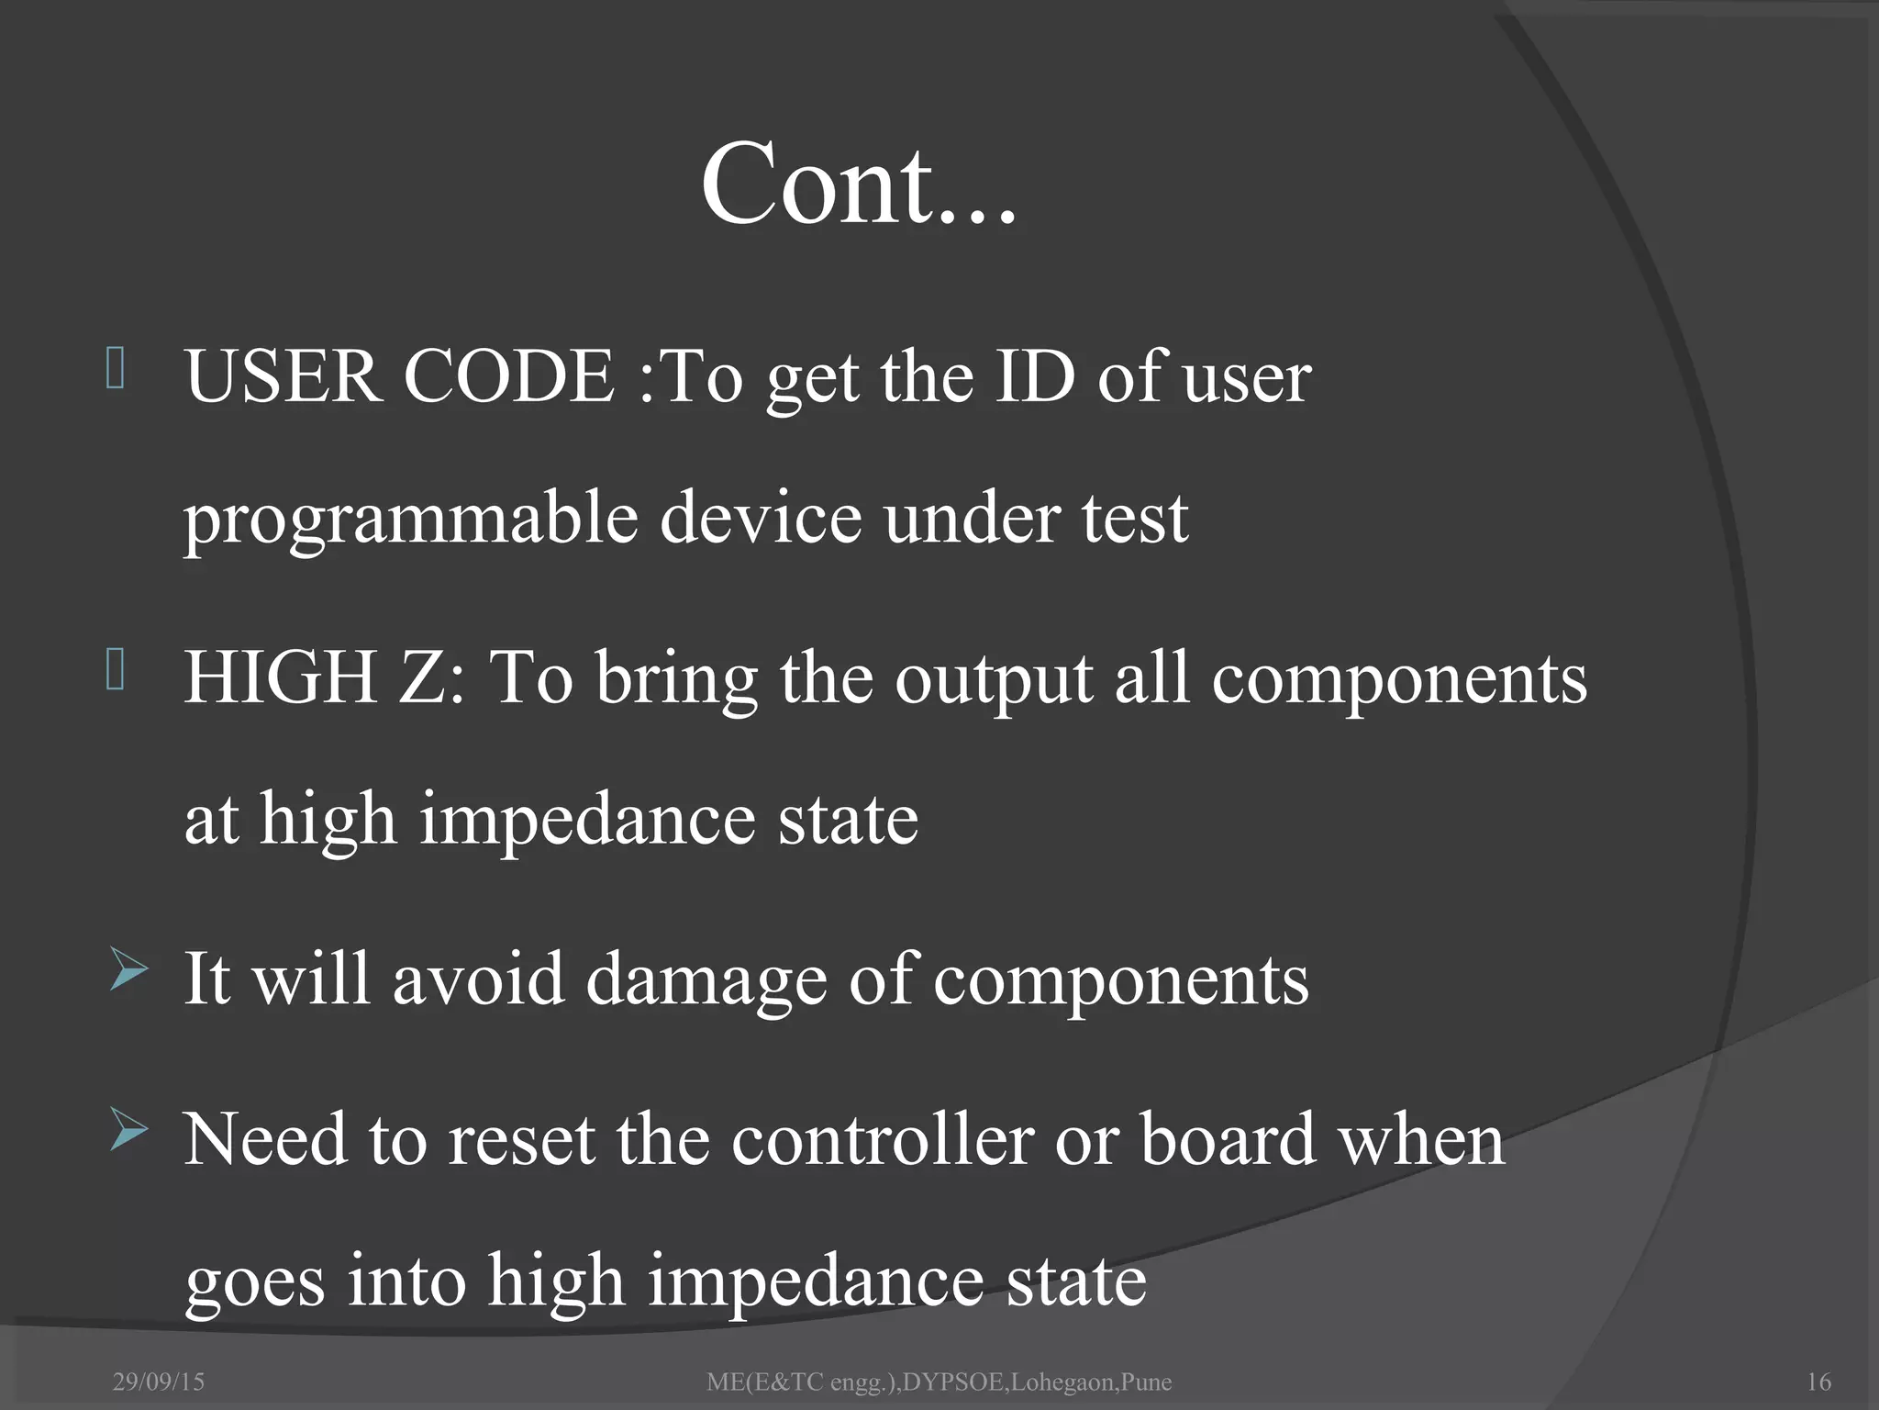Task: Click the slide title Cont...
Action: [858, 184]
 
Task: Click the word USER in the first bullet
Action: [283, 376]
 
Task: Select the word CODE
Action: [508, 376]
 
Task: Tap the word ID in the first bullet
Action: [1034, 376]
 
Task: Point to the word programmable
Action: [410, 519]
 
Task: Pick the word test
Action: [1135, 519]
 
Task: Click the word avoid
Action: [478, 979]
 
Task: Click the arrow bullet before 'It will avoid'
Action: [128, 971]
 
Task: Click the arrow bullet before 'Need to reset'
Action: [128, 1130]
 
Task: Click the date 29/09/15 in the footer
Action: [159, 1382]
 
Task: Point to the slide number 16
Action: [1818, 1382]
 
